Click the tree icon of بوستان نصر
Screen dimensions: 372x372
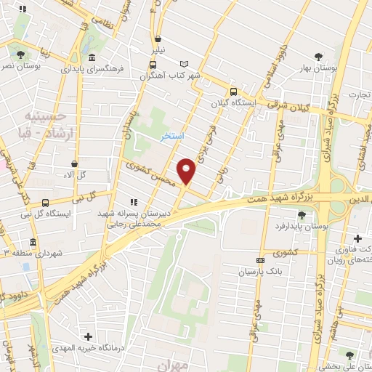pos(20,54)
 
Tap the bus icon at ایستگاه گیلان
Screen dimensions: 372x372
pos(232,92)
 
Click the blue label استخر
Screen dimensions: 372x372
pos(173,136)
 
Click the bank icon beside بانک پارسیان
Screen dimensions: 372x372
pos(260,260)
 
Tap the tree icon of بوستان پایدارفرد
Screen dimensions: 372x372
pos(302,214)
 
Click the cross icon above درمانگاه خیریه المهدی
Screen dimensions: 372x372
pos(89,336)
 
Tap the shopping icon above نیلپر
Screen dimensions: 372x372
pos(158,40)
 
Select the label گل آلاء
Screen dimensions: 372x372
pos(76,174)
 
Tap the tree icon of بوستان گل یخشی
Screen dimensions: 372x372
pos(349,355)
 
